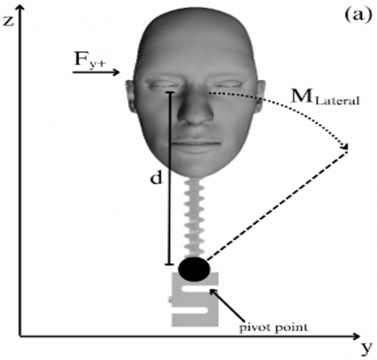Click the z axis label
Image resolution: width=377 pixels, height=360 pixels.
point(8,21)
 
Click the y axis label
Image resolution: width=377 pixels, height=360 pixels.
point(368,347)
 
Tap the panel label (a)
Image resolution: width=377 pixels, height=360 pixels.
point(358,15)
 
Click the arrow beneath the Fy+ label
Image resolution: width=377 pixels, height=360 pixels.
point(96,72)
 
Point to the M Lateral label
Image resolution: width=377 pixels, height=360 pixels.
point(325,97)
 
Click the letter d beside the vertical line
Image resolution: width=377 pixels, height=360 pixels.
point(156,178)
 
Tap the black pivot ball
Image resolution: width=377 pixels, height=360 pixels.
point(194,270)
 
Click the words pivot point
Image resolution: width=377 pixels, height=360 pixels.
point(273,328)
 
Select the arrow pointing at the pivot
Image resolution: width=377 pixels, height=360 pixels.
point(227,305)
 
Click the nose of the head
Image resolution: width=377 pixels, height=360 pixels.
point(196,110)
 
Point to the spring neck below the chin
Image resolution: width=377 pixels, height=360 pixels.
point(194,218)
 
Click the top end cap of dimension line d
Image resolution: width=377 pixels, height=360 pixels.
point(170,92)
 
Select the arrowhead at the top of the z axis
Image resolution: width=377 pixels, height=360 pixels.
point(20,9)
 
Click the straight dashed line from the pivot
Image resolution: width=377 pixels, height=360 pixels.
point(277,205)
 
